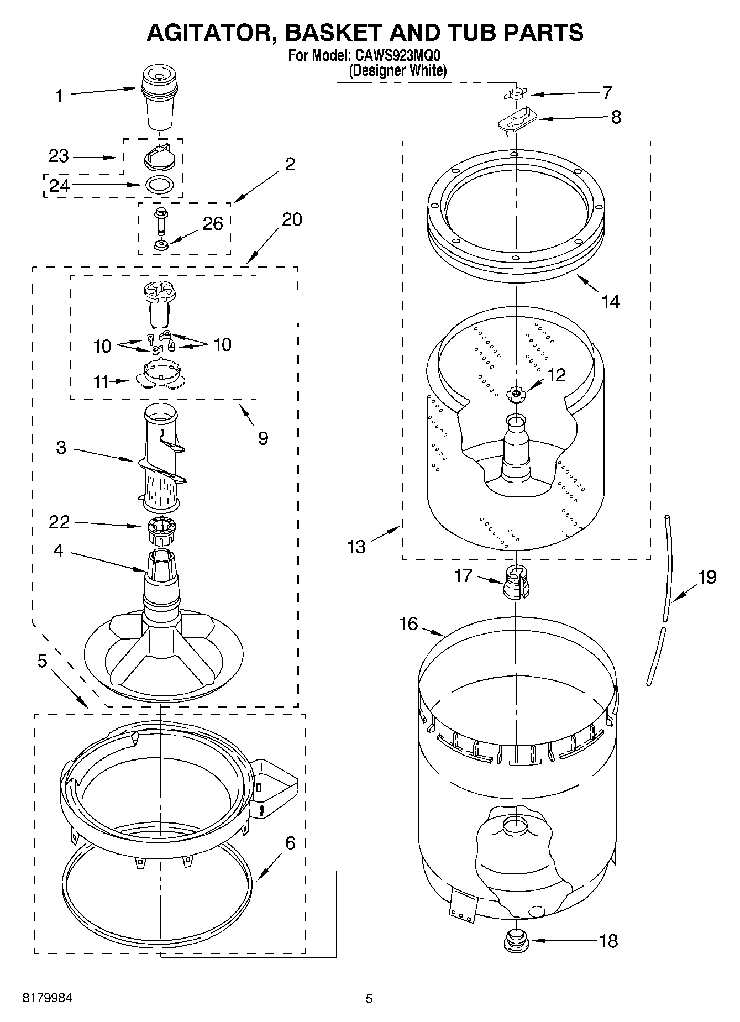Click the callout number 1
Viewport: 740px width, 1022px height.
click(x=59, y=96)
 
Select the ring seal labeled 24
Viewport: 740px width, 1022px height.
click(x=160, y=185)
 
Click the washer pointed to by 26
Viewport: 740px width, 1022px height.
click(x=161, y=244)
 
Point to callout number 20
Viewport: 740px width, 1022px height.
click(x=292, y=219)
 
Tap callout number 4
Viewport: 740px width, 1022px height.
click(x=59, y=551)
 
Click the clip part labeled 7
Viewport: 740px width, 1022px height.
click(x=516, y=94)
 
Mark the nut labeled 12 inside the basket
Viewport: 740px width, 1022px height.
click(x=515, y=394)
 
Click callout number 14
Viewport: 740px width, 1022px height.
click(x=611, y=302)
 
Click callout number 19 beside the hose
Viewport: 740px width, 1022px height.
click(x=707, y=577)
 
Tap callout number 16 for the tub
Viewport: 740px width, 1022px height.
click(x=409, y=624)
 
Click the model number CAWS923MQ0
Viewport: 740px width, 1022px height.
click(x=400, y=55)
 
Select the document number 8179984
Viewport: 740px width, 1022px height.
click(x=47, y=998)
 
